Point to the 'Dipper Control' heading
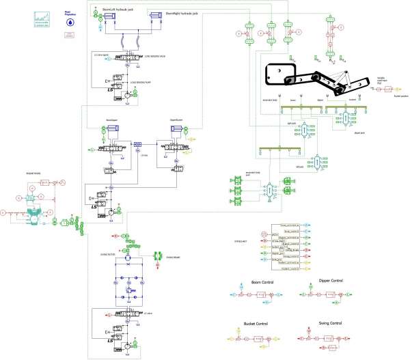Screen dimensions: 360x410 point(330,281)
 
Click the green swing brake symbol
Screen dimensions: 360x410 point(154,257)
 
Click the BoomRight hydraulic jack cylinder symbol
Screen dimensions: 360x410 point(167,20)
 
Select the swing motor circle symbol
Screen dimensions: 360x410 point(131,253)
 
